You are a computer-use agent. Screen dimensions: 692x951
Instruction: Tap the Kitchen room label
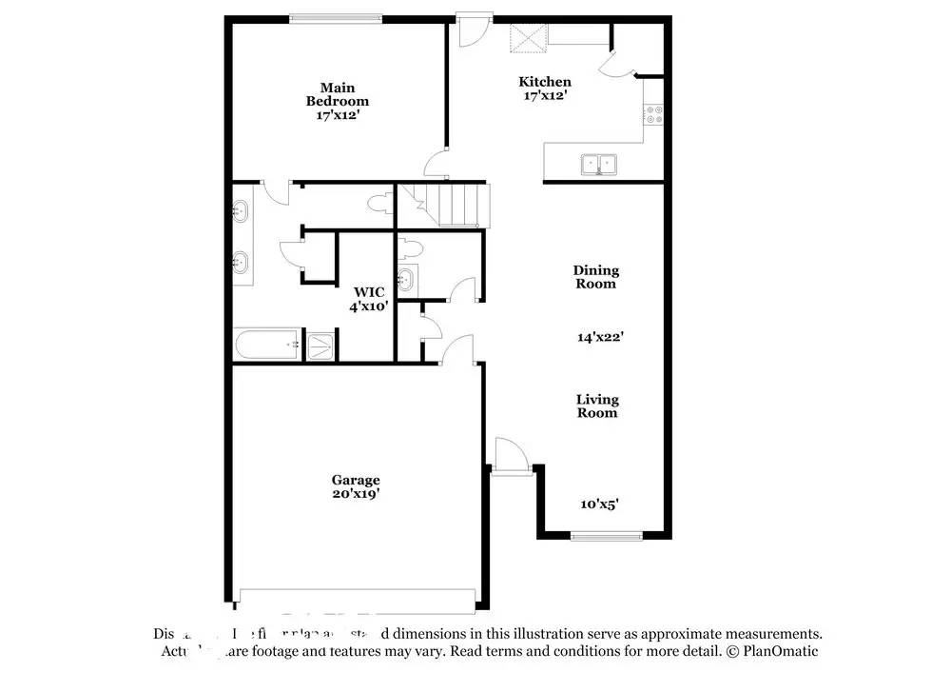544,89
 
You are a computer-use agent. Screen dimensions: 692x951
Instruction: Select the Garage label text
356,487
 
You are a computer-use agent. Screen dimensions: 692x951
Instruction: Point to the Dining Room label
595,277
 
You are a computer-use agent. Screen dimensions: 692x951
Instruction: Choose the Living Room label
596,406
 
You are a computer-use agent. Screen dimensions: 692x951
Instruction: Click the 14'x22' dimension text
600,336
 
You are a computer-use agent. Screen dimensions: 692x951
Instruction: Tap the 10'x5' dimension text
599,504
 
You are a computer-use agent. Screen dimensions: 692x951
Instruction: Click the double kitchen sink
598,165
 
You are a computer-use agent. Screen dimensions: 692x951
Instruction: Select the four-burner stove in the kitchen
654,115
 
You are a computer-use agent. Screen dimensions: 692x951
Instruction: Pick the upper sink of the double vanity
241,210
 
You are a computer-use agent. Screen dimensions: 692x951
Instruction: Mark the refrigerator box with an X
528,39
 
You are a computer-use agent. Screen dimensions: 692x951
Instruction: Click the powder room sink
406,279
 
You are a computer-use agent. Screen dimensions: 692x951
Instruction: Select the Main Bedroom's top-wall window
337,17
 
